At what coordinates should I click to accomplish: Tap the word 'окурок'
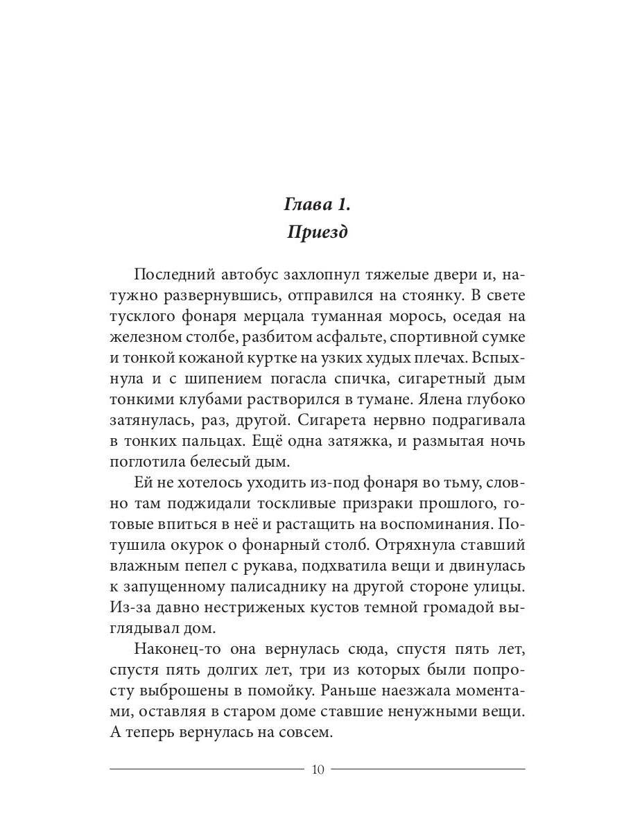[x=194, y=546]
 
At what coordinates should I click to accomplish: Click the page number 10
[x=318, y=769]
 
